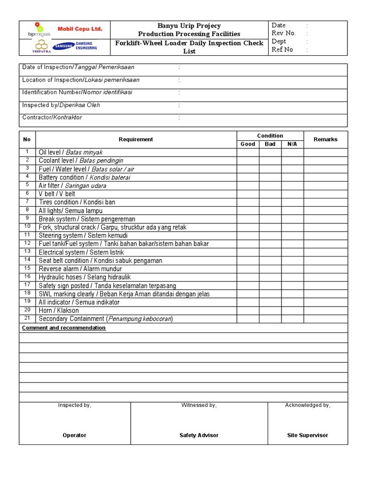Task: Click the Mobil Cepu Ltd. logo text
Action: pyautogui.click(x=80, y=29)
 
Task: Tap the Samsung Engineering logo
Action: pyautogui.click(x=75, y=46)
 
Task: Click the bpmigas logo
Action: pyautogui.click(x=38, y=30)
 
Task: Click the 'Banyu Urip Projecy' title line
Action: pyautogui.click(x=189, y=25)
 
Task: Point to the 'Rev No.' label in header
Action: pyautogui.click(x=283, y=33)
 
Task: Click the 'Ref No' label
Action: pyautogui.click(x=282, y=49)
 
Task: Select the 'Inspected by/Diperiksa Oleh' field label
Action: pyautogui.click(x=61, y=105)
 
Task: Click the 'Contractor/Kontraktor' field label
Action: pyautogui.click(x=52, y=117)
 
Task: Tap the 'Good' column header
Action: pyautogui.click(x=248, y=144)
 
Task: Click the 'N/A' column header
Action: pyautogui.click(x=292, y=144)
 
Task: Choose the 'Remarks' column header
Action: pyautogui.click(x=325, y=139)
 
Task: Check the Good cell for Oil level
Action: pyautogui.click(x=248, y=152)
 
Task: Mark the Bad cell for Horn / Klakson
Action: pyautogui.click(x=270, y=310)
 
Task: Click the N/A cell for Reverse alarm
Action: pyautogui.click(x=292, y=269)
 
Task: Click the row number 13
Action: pyautogui.click(x=27, y=252)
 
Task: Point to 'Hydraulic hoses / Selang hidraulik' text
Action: pyautogui.click(x=85, y=277)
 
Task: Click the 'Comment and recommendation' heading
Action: pyautogui.click(x=64, y=328)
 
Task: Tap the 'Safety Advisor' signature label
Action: pyautogui.click(x=199, y=435)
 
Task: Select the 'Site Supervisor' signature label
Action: pyautogui.click(x=307, y=435)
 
